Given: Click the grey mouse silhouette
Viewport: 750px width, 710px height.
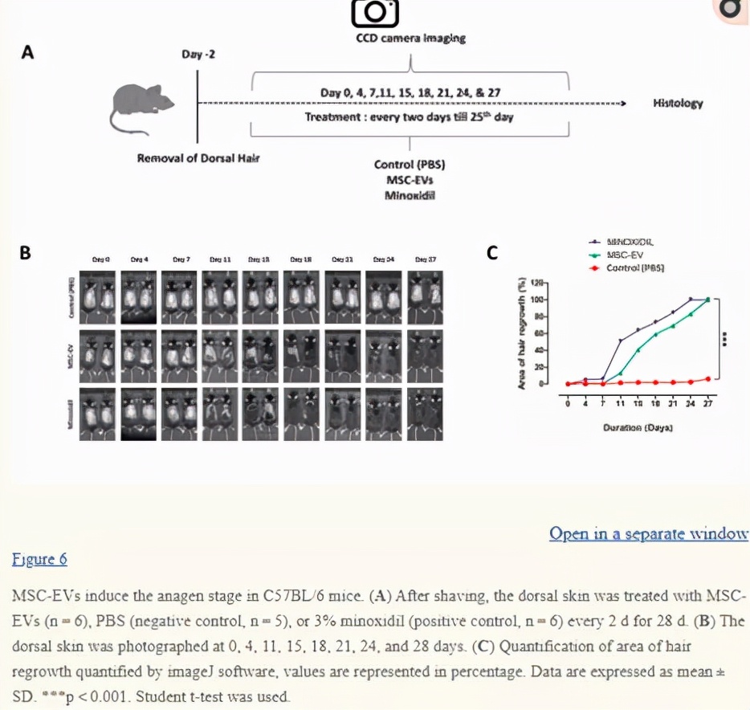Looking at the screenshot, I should point(145,102).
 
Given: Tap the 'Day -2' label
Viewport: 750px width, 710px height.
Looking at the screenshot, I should point(198,54).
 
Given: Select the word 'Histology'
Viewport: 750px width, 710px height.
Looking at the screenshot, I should point(678,103).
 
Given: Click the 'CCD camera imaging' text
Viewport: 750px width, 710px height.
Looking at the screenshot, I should point(410,38).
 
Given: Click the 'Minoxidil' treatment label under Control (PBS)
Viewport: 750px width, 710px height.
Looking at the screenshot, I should point(410,194).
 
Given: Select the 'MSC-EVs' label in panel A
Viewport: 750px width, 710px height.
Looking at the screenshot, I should point(410,180).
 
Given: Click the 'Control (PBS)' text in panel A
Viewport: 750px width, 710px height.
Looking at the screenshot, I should point(410,165).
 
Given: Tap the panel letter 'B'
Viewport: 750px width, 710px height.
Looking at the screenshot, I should point(26,253).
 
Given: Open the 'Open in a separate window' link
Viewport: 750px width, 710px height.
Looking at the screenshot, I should point(648,533).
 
